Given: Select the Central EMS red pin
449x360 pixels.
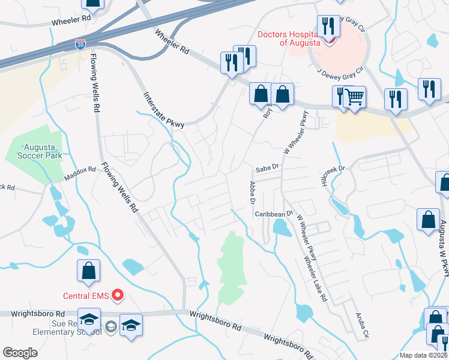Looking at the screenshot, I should coord(118,295).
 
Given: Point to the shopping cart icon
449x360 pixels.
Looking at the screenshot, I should coord(354,96).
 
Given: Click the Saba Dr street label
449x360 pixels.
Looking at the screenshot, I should coord(267,168).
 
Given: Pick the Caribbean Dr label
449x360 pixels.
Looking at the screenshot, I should coord(273,214).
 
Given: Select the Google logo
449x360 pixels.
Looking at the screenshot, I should coord(20,353).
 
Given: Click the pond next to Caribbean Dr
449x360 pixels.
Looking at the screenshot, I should coord(280,227).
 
